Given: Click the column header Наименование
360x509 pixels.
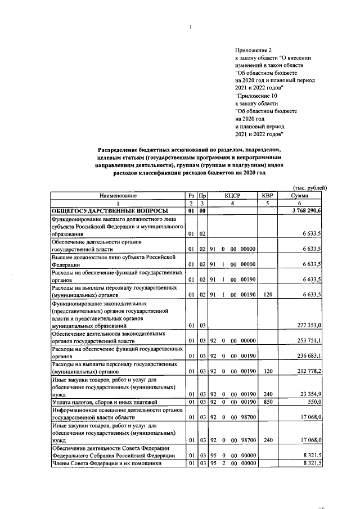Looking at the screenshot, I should point(118,195).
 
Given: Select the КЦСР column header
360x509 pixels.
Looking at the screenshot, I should point(232,195).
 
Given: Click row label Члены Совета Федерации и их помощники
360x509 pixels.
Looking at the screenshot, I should point(106,463).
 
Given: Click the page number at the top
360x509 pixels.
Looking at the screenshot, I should point(191,26).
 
